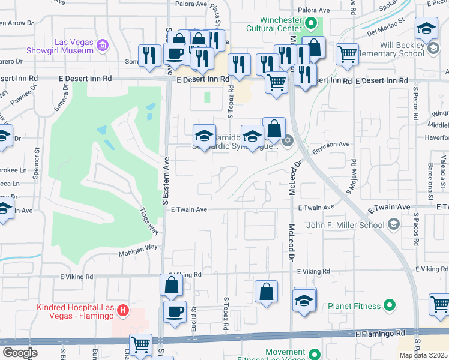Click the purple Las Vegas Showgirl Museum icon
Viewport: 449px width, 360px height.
click(103, 46)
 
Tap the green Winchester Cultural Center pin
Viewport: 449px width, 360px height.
click(310, 25)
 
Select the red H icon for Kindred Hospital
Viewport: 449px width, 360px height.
click(123, 310)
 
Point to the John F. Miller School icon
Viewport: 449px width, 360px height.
click(393, 225)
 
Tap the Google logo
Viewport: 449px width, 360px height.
click(20, 352)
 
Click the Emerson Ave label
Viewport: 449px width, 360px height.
click(330, 145)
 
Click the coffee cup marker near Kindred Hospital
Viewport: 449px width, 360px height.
click(175, 312)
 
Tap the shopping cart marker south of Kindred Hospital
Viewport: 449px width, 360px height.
click(140, 344)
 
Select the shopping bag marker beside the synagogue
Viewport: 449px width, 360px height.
click(274, 128)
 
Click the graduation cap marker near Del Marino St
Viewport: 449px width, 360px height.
click(426, 29)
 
